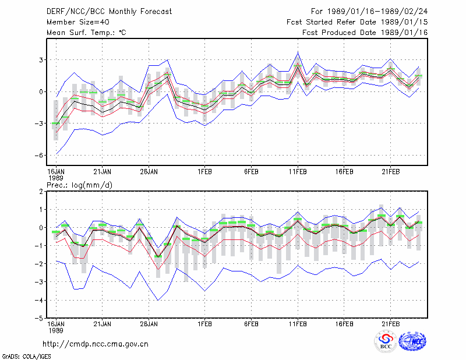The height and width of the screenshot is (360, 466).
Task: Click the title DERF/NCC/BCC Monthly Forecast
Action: (109, 12)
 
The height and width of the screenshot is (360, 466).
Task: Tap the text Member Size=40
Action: (78, 22)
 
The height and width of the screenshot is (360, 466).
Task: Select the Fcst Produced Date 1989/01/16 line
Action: (365, 33)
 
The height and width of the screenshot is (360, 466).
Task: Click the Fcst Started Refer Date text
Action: (331, 22)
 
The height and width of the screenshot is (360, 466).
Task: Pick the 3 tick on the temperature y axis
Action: (41, 60)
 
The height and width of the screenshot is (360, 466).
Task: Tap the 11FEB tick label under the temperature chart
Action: (298, 172)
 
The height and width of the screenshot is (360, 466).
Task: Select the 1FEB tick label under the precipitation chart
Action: (205, 324)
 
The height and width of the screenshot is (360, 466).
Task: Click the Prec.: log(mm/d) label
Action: (79, 185)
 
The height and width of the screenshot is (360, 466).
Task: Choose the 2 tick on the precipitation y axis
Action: (41, 192)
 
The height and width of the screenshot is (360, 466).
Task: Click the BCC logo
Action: (386, 341)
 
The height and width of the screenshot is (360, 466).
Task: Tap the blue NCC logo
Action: (412, 341)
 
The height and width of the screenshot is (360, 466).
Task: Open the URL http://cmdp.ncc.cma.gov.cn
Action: (96, 344)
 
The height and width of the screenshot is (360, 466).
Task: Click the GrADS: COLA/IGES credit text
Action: (26, 357)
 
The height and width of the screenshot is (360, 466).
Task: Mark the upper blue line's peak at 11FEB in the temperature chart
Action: (298, 52)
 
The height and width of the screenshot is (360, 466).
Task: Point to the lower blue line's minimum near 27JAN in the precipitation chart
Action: (158, 300)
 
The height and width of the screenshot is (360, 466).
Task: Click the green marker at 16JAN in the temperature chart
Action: (56, 123)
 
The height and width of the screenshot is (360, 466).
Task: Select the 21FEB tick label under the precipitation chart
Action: (390, 324)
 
